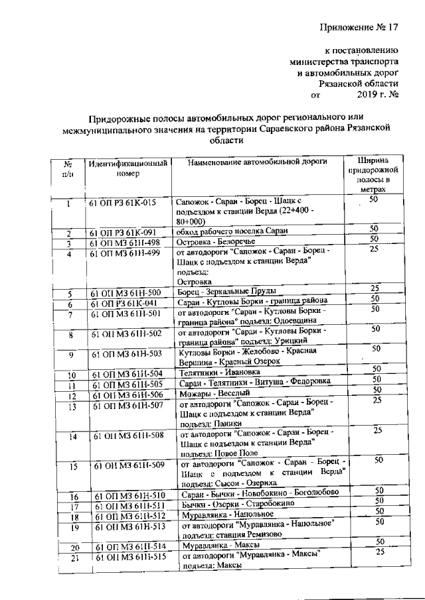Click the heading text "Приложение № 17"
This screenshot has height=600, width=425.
coord(359,27)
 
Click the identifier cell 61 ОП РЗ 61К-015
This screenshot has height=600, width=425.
coord(123,202)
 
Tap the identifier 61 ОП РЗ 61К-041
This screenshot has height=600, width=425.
coord(126,303)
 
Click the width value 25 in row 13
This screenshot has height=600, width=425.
coord(377,400)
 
